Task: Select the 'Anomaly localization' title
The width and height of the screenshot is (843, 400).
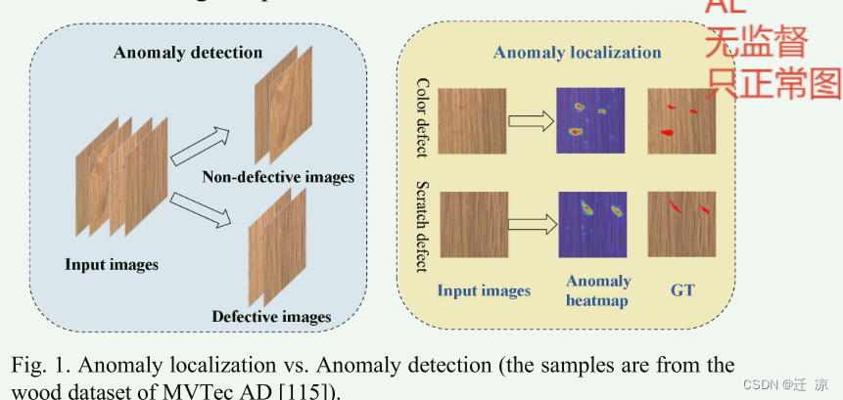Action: click(x=577, y=52)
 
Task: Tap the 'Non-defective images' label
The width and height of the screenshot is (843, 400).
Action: click(x=278, y=177)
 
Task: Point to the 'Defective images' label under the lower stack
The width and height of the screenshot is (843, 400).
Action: click(x=271, y=316)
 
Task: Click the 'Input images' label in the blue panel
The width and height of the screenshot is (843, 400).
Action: click(x=112, y=264)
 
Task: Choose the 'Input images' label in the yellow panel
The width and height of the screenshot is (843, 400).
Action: click(x=484, y=289)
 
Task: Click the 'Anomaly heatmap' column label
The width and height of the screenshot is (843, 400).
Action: click(x=598, y=290)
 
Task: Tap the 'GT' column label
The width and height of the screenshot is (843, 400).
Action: click(x=682, y=289)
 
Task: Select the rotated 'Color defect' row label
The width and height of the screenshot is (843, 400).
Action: click(x=423, y=117)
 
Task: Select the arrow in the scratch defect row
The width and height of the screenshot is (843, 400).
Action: click(x=533, y=225)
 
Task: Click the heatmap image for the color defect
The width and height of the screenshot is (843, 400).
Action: click(x=591, y=120)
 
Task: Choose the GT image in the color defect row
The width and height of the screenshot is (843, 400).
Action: click(x=681, y=120)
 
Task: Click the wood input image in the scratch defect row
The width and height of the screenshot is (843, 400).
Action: click(x=475, y=225)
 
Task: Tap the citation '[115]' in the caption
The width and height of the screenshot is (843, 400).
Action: click(x=312, y=391)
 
